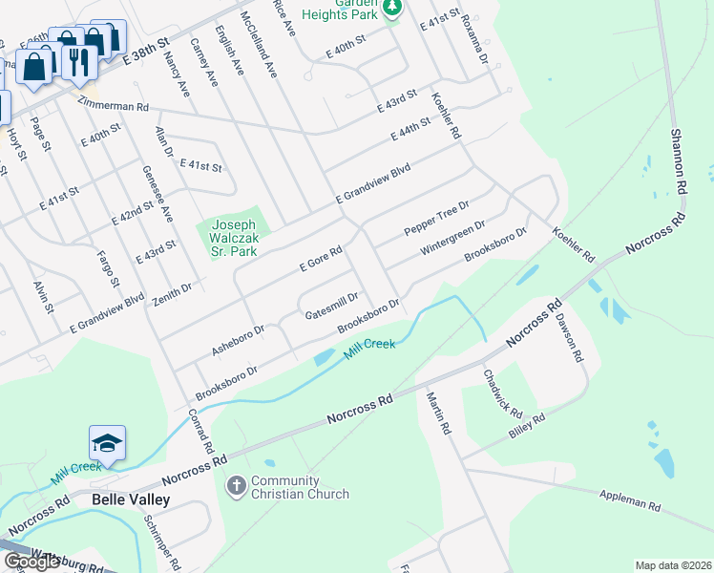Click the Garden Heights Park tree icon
point(391,8)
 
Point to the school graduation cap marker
point(107,443)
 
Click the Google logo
point(31,562)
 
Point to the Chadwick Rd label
point(502,394)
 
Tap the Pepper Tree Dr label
point(436,219)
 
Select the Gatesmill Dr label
point(331,306)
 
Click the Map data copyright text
point(672,565)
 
